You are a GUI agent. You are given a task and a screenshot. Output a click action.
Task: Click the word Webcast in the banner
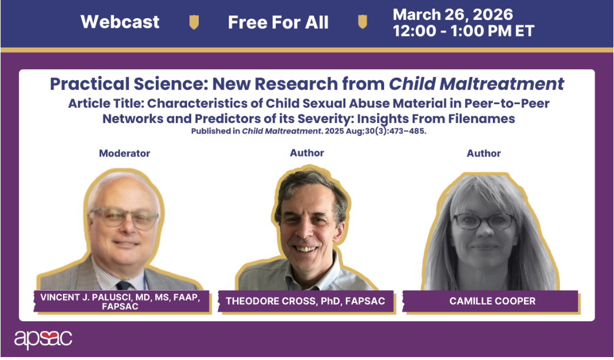click(x=120, y=22)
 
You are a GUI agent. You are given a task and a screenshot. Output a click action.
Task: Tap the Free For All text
click(x=278, y=22)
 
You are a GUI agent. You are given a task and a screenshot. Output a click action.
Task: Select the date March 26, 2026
click(x=453, y=15)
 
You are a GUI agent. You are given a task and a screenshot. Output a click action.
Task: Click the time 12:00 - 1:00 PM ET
click(x=463, y=31)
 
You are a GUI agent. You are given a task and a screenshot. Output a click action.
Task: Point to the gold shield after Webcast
click(x=194, y=22)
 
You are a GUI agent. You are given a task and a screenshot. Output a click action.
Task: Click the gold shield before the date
click(x=363, y=22)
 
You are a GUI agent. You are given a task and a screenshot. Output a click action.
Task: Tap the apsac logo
click(x=43, y=339)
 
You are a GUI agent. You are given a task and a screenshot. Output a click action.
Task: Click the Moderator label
click(x=125, y=153)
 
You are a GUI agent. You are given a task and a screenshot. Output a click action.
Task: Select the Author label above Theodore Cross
click(x=307, y=153)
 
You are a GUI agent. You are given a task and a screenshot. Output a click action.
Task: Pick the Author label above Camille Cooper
click(x=483, y=153)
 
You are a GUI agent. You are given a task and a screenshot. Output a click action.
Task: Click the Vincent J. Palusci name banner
click(x=121, y=302)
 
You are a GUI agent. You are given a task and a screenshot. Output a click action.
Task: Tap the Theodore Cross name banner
click(x=305, y=301)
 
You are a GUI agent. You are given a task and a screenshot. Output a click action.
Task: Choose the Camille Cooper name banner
click(x=491, y=301)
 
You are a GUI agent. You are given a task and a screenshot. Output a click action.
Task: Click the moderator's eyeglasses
click(x=124, y=218)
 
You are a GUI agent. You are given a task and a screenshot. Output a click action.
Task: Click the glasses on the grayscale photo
click(x=484, y=222)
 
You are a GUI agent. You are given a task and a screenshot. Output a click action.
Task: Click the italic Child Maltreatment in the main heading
click(x=476, y=84)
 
